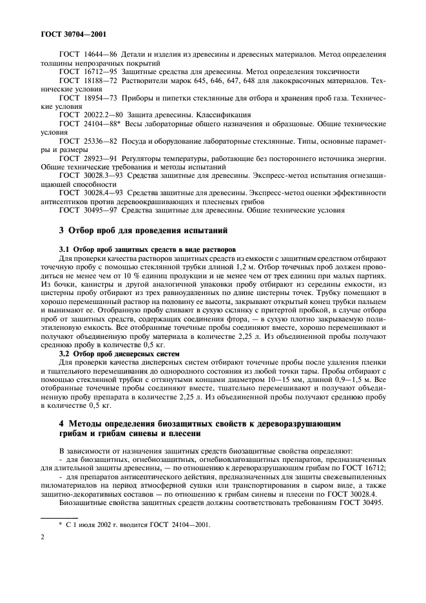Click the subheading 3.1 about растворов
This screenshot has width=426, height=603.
pyautogui.click(x=147, y=248)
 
